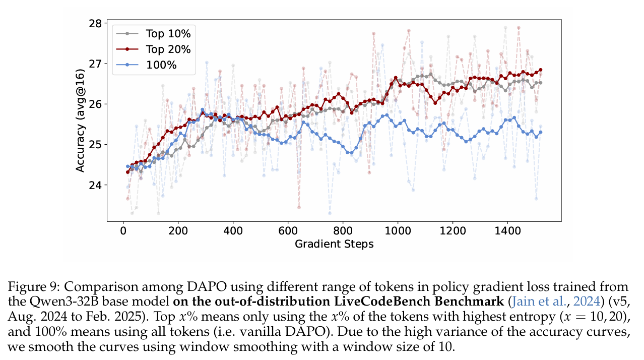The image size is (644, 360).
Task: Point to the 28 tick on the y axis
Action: pyautogui.click(x=95, y=24)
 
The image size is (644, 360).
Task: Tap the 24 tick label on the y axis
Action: pyautogui.click(x=95, y=185)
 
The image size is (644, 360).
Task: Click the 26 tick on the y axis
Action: pyautogui.click(x=95, y=104)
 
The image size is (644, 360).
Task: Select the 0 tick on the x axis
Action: pyautogui.click(x=122, y=231)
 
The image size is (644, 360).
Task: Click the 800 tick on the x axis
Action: pyautogui.click(x=343, y=231)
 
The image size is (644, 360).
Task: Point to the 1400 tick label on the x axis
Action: pyautogui.click(x=507, y=231)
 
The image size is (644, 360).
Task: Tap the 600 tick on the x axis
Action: pyautogui.click(x=288, y=231)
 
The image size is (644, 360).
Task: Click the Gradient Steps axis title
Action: pyautogui.click(x=334, y=245)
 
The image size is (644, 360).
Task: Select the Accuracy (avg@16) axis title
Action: pyautogui.click(x=81, y=122)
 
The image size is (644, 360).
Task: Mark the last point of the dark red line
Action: pyautogui.click(x=541, y=70)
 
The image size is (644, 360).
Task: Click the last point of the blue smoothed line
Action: pyautogui.click(x=541, y=132)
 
